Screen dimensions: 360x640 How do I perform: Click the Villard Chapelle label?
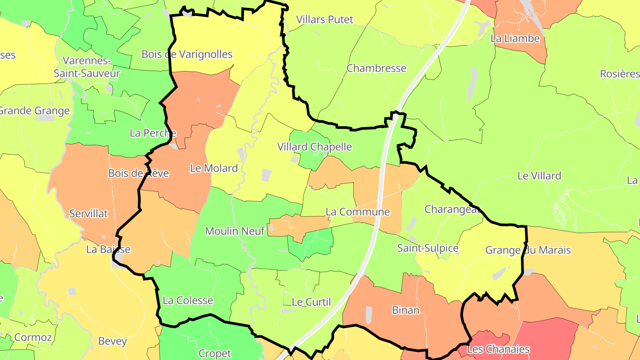click(x=314, y=147)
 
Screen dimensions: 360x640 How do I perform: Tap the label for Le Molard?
click(x=214, y=168)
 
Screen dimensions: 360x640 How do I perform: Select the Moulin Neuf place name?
click(x=235, y=231)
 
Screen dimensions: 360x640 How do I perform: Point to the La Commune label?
click(x=357, y=212)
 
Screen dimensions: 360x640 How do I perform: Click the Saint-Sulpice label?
click(x=428, y=248)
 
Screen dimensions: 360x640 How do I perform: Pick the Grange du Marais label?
click(x=528, y=250)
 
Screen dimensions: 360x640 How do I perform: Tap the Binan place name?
click(x=405, y=310)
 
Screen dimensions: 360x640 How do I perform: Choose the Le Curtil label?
click(x=311, y=302)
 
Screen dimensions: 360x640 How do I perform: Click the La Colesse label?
click(x=188, y=300)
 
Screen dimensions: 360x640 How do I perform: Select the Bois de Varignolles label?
click(x=187, y=54)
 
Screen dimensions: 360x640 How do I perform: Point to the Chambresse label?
click(x=376, y=68)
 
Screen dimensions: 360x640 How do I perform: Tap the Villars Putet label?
click(x=324, y=20)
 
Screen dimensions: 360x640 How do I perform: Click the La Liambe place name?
click(x=515, y=39)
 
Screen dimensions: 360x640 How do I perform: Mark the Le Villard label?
click(x=539, y=176)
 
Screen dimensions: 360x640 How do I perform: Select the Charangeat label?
click(x=452, y=209)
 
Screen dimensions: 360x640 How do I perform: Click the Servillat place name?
click(x=88, y=214)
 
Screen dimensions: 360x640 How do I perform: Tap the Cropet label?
click(x=215, y=354)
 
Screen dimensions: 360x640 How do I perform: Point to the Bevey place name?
click(x=112, y=342)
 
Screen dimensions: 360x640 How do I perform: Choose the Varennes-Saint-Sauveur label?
click(x=87, y=67)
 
